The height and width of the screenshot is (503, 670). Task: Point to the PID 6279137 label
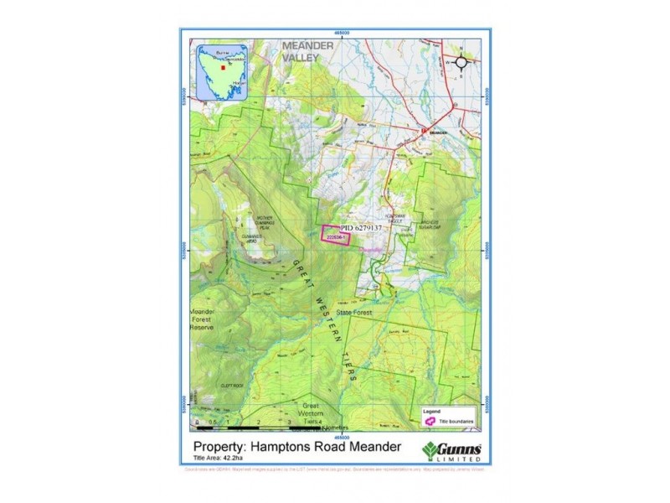[x=361, y=227]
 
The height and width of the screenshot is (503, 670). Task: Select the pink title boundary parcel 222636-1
[x=337, y=236]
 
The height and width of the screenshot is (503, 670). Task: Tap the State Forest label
[x=354, y=313]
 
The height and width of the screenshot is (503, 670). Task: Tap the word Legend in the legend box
[x=430, y=412]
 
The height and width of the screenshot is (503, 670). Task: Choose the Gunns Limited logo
[x=453, y=449]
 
